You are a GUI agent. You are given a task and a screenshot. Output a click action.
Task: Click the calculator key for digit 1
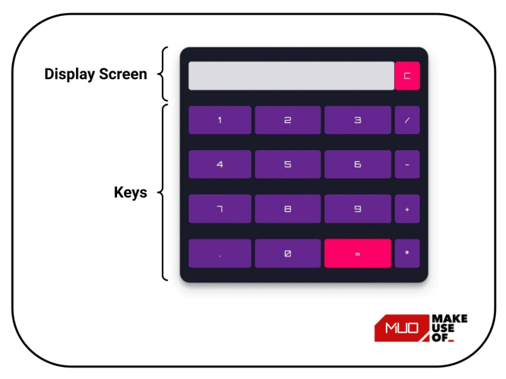(219, 120)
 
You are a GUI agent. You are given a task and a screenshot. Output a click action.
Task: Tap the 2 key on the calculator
(287, 120)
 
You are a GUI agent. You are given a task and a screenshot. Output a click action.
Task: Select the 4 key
(219, 164)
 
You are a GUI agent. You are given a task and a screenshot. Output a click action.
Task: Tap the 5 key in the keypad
(287, 164)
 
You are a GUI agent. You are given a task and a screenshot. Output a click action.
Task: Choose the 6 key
(357, 164)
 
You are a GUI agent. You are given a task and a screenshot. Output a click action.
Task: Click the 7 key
(219, 209)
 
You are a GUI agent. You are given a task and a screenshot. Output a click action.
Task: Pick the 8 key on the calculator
(287, 209)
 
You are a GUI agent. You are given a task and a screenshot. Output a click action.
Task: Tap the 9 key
(357, 209)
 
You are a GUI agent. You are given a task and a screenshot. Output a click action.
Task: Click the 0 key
(287, 253)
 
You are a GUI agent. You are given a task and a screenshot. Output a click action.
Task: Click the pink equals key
(357, 253)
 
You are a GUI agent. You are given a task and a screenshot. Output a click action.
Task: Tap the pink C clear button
(407, 76)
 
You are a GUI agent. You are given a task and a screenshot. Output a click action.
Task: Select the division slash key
(407, 120)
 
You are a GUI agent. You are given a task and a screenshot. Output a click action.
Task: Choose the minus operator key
(407, 164)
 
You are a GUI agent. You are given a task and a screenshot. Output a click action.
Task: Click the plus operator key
(407, 209)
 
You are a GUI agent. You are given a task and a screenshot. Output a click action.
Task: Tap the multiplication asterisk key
(407, 253)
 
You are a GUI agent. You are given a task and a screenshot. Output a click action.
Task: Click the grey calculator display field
(291, 76)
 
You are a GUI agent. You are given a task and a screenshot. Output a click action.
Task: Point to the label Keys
(130, 193)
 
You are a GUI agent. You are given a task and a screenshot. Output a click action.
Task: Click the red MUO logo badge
(401, 328)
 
